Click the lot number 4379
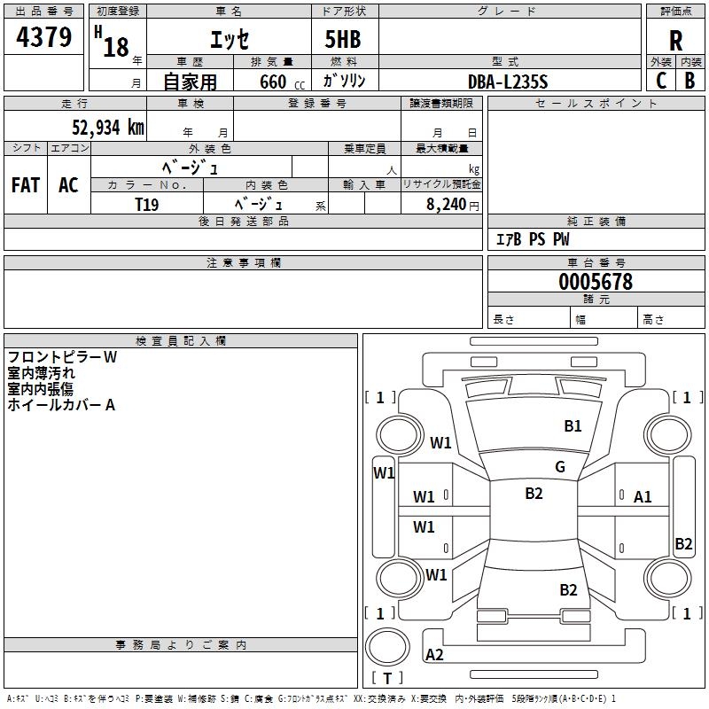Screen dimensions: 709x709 point(43,37)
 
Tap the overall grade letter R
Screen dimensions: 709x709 point(675,41)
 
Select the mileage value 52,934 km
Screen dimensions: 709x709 point(108,128)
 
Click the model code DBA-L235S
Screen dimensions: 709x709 point(508,82)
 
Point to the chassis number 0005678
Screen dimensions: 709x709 point(596,282)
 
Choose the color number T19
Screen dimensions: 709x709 point(147,205)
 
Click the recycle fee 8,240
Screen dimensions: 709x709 point(446,205)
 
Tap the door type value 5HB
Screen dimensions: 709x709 point(343,39)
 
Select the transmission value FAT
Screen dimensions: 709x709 point(26,185)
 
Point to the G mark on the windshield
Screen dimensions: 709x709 point(560,467)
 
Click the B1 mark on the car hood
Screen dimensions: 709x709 point(573,426)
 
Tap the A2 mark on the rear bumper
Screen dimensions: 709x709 point(434,655)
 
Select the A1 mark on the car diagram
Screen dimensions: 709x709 point(642,497)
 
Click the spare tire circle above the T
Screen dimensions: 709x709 point(387,647)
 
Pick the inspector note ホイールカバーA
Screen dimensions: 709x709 point(61,405)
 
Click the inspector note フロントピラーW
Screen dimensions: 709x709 point(62,357)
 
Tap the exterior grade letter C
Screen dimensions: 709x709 point(661,81)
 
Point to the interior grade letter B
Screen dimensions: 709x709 point(690,81)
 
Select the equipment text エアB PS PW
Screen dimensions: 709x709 point(533,239)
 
